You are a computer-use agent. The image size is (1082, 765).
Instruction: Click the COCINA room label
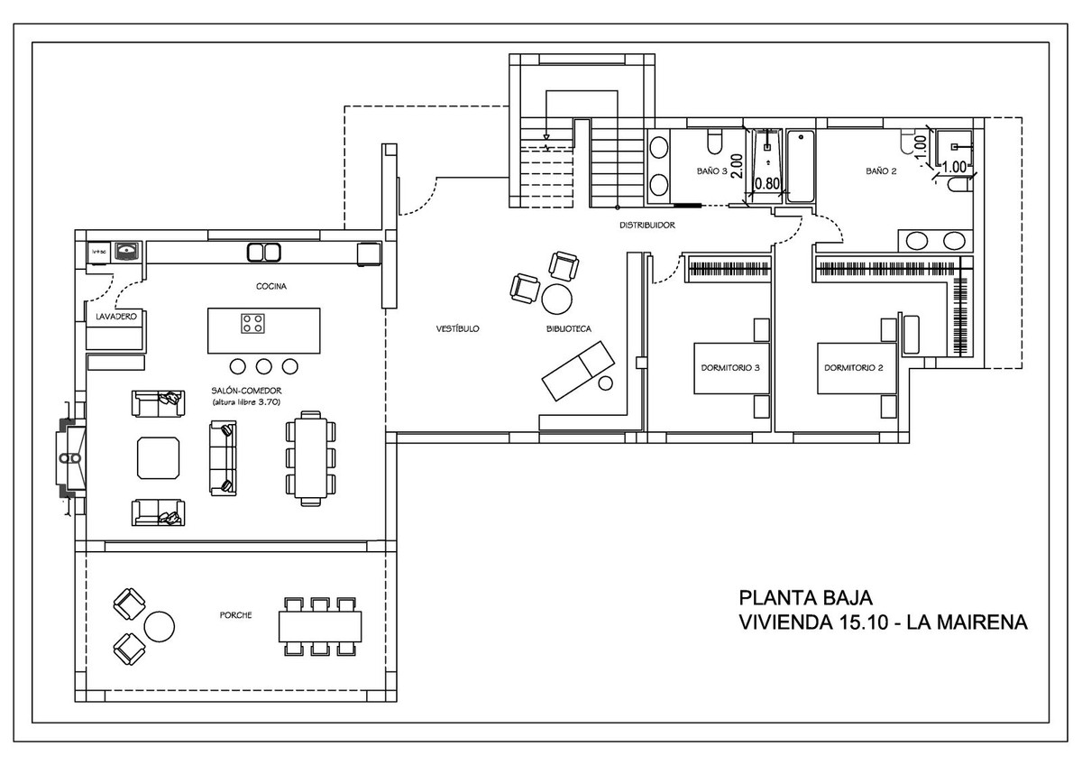pyautogui.click(x=270, y=286)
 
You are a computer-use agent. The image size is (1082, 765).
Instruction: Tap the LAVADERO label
pyautogui.click(x=115, y=317)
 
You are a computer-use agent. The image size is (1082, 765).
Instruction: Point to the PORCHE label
pyautogui.click(x=234, y=615)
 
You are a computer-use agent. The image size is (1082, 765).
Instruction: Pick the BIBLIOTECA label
pyautogui.click(x=568, y=329)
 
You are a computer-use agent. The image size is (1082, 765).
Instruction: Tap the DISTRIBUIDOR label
pyautogui.click(x=646, y=225)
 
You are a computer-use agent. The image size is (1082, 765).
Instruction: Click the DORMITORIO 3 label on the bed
pyautogui.click(x=730, y=368)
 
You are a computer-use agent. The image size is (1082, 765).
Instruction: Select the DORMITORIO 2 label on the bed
pyautogui.click(x=853, y=368)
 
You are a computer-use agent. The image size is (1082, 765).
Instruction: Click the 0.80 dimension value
pyautogui.click(x=766, y=183)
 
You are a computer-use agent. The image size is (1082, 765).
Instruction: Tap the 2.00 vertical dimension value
pyautogui.click(x=737, y=166)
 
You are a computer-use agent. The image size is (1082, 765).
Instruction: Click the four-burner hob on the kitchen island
pyautogui.click(x=252, y=323)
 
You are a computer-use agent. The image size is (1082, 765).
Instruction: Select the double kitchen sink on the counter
pyautogui.click(x=263, y=252)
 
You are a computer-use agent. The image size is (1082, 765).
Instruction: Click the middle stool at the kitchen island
pyautogui.click(x=264, y=366)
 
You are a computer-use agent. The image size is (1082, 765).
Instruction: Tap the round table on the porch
pyautogui.click(x=160, y=625)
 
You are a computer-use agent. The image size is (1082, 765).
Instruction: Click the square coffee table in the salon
pyautogui.click(x=158, y=457)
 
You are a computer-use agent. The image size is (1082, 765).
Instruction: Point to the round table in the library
pyautogui.click(x=557, y=297)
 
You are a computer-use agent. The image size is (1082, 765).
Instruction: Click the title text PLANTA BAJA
pyautogui.click(x=805, y=598)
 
